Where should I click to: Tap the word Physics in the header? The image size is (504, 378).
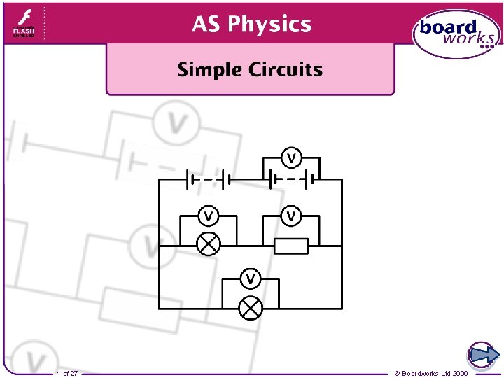click(x=270, y=24)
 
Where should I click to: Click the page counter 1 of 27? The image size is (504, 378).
click(x=68, y=373)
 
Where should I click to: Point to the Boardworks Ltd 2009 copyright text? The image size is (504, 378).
click(x=431, y=373)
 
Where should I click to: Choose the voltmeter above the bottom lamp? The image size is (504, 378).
click(x=250, y=279)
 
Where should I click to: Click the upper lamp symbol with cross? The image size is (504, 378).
click(x=208, y=244)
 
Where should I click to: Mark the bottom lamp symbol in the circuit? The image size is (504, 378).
click(x=250, y=308)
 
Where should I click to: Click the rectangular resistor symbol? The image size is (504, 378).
click(x=291, y=246)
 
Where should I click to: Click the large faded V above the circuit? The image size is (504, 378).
click(x=177, y=123)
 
